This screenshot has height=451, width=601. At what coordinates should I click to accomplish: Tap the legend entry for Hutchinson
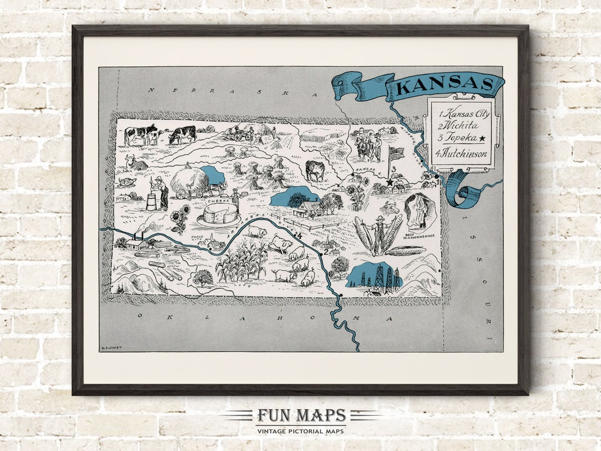(x=461, y=154)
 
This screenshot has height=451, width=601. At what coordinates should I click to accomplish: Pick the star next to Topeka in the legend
(x=482, y=139)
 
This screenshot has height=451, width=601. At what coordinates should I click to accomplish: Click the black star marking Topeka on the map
(x=390, y=182)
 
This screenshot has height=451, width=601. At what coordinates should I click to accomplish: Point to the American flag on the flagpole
(x=396, y=153)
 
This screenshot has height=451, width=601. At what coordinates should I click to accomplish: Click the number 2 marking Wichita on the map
(x=326, y=258)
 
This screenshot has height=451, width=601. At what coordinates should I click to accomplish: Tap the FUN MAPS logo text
(x=301, y=415)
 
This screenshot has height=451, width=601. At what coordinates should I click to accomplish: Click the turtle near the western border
(x=127, y=182)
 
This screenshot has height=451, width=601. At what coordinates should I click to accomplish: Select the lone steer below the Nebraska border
(x=315, y=170)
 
